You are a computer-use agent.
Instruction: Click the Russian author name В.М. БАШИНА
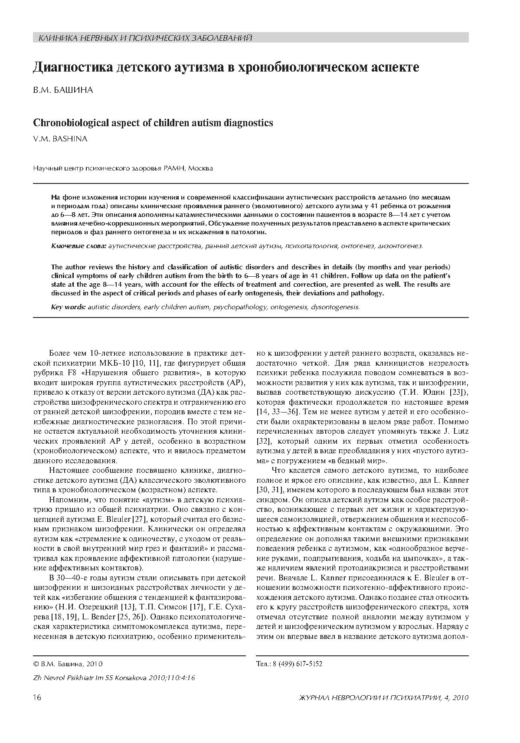63,90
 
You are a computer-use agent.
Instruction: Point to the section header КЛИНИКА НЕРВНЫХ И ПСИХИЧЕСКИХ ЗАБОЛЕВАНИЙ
145,39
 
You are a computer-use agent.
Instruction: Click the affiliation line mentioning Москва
123,168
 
